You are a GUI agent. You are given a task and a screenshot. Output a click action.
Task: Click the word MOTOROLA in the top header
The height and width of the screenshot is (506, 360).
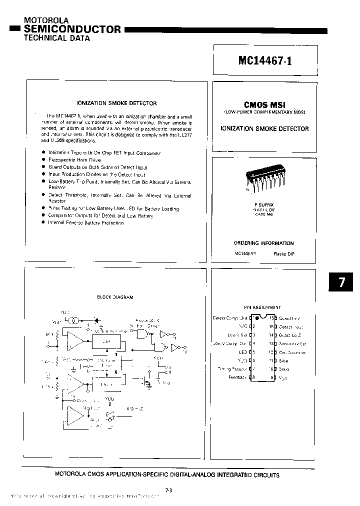click(47, 20)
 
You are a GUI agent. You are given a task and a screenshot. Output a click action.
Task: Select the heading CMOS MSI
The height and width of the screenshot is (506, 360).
click(264, 105)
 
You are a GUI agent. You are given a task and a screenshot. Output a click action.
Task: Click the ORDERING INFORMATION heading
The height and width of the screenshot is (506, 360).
click(263, 243)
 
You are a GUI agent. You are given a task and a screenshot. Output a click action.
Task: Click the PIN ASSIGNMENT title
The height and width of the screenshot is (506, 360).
click(262, 307)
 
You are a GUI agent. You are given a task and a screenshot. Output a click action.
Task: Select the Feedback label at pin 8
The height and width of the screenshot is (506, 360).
click(237, 377)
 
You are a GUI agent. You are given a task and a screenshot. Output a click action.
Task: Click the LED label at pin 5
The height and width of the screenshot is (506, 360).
click(243, 352)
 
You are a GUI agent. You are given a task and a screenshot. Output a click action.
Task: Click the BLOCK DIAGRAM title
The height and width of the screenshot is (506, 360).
click(115, 297)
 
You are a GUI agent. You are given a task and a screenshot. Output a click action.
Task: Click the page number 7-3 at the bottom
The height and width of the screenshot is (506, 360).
click(167, 490)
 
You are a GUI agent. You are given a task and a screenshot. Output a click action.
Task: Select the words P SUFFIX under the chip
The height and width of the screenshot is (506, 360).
click(263, 205)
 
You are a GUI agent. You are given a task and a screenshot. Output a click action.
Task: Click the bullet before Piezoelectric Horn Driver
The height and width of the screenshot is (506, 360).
click(44, 160)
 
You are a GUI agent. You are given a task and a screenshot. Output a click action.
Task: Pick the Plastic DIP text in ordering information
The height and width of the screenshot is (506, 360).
click(283, 254)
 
